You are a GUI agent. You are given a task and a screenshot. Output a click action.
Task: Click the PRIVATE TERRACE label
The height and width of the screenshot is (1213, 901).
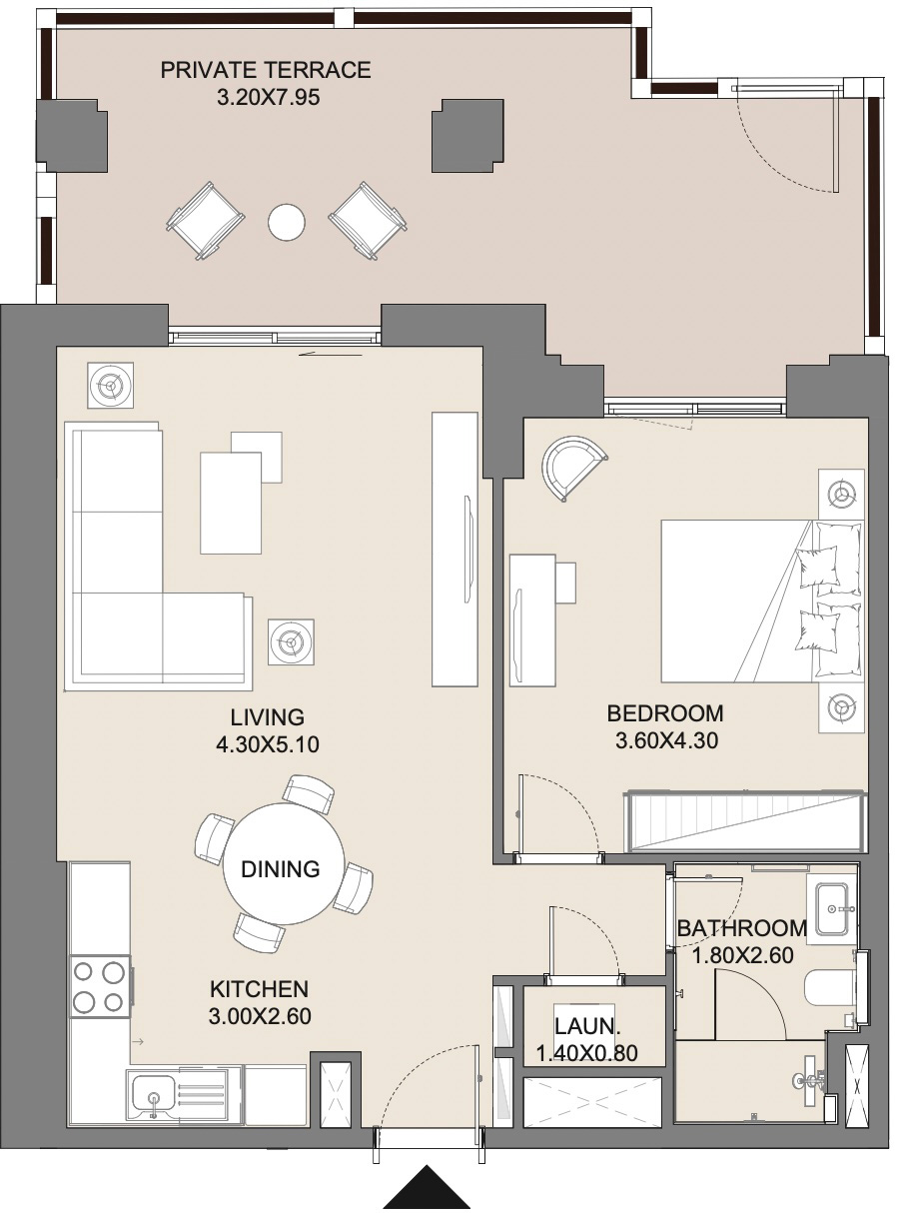pos(266,70)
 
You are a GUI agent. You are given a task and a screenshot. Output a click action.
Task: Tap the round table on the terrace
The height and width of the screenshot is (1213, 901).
pos(287,222)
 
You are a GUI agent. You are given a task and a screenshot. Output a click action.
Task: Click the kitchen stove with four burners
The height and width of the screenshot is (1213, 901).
pos(100,986)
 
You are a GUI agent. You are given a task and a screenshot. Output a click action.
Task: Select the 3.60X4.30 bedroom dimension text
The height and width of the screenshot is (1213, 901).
pos(665,740)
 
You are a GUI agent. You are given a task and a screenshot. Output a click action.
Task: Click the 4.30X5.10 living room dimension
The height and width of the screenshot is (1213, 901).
pos(266,744)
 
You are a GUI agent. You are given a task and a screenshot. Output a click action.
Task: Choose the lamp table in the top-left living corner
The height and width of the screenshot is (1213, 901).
pos(110,384)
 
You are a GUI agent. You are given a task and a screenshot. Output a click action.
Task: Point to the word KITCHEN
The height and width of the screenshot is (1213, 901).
pos(259,989)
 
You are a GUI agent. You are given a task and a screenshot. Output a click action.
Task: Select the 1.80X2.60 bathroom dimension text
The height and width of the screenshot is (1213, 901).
pos(742,955)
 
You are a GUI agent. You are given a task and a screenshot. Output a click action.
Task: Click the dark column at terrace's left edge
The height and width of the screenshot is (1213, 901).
pos(72,136)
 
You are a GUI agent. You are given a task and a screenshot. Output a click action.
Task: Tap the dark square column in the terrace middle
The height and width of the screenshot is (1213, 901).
pos(468,136)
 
